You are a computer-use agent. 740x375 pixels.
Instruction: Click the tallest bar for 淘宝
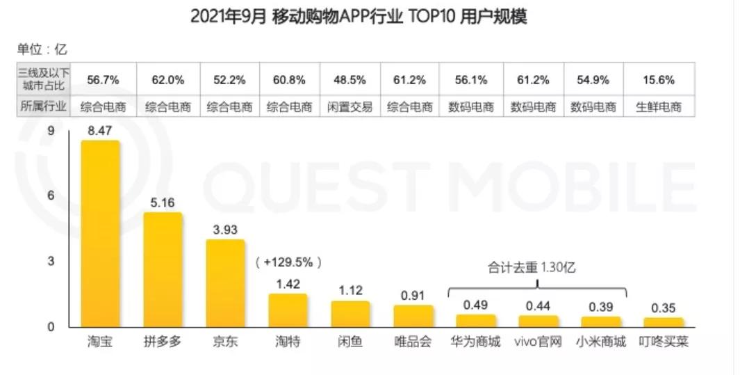tap(100, 233)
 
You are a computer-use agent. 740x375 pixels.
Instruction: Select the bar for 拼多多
tap(163, 269)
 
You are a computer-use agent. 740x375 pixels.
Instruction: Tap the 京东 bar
tap(225, 283)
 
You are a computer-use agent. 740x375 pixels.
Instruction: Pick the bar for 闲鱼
tap(350, 314)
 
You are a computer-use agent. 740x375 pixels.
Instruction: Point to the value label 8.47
tap(100, 129)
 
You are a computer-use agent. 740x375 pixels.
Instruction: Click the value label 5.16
tap(163, 202)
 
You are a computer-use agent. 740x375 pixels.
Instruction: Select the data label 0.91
tap(413, 295)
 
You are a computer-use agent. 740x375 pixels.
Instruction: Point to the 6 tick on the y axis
tap(51, 196)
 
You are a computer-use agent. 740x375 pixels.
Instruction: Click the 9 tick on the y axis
tap(51, 131)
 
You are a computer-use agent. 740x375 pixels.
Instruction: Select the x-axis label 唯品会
tap(413, 342)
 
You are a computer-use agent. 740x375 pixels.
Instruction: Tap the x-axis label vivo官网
tap(537, 342)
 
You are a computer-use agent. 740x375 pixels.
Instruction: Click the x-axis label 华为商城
tap(475, 342)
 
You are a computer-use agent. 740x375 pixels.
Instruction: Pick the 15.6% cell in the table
tap(657, 79)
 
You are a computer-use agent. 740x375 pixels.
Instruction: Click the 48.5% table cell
tap(350, 79)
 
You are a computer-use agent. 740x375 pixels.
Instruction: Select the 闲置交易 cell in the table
tap(350, 106)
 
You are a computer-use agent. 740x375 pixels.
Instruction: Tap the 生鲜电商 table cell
tap(657, 106)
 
